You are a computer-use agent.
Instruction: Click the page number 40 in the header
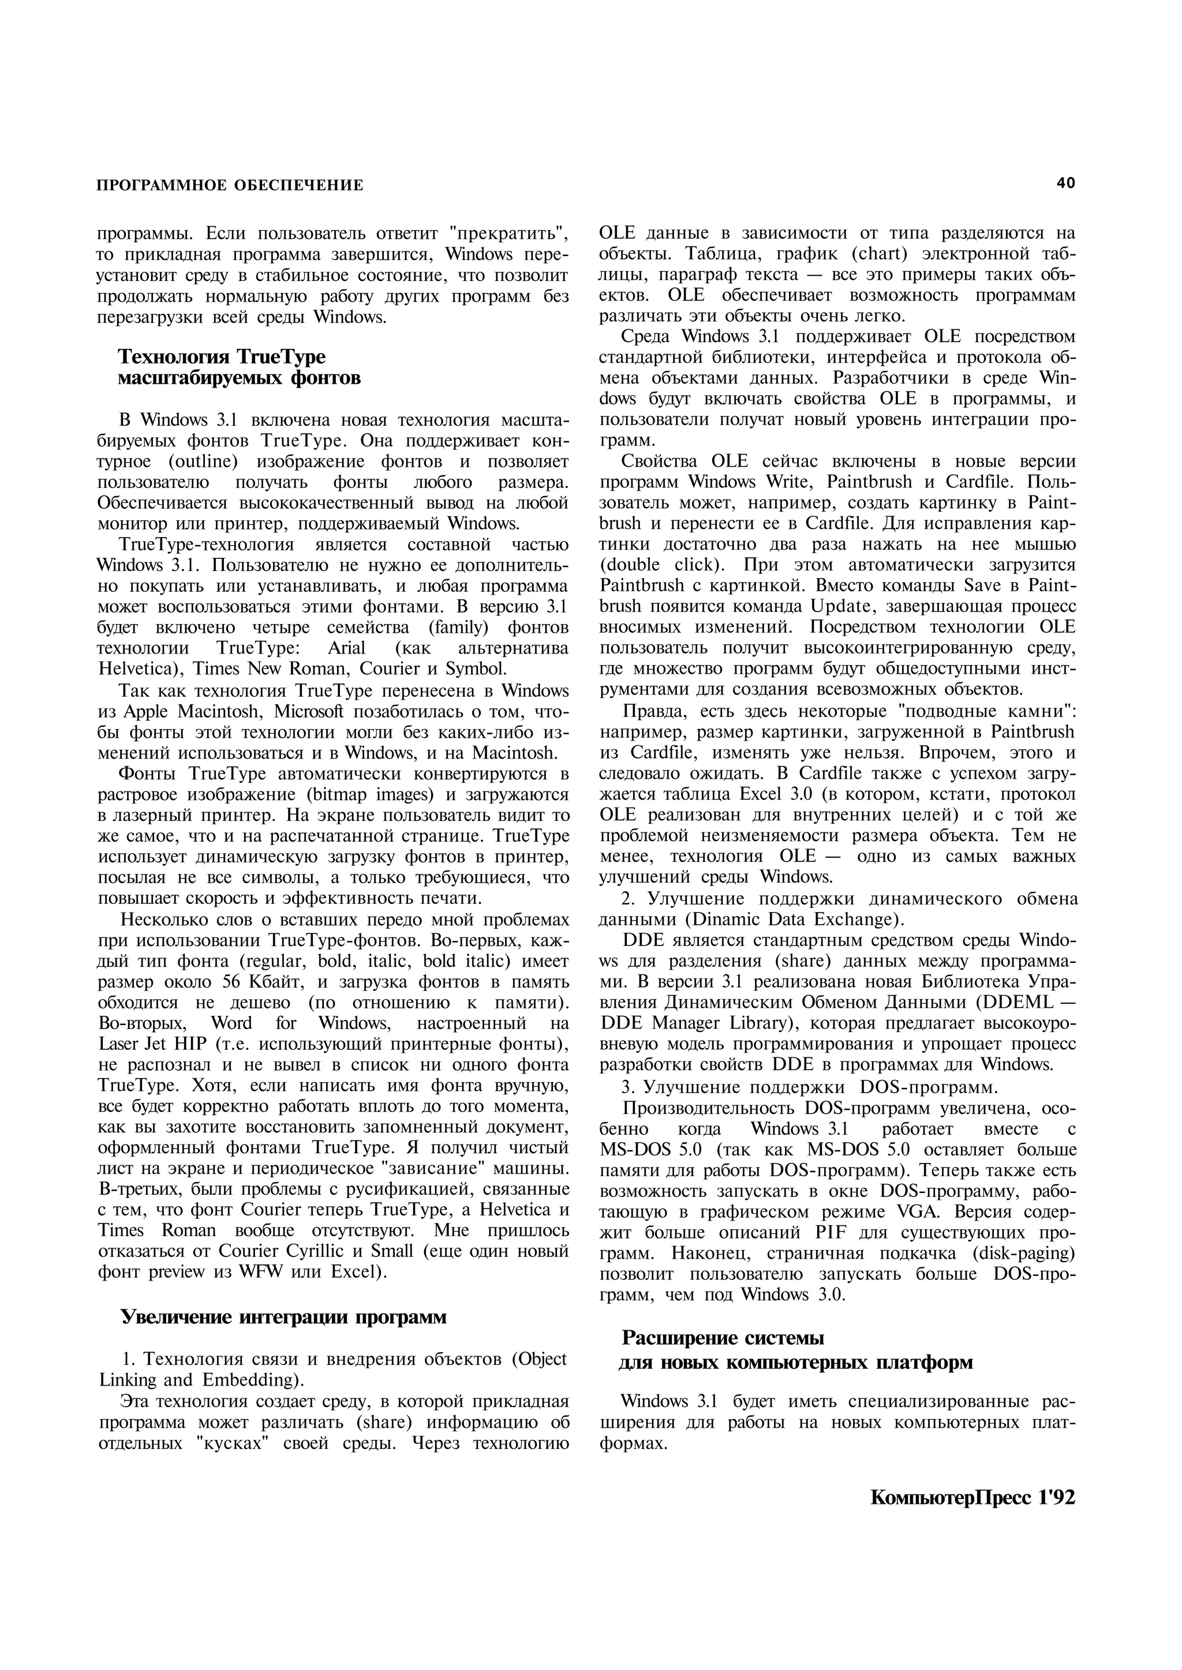pyautogui.click(x=1065, y=183)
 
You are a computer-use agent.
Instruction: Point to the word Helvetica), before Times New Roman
pyautogui.click(x=134, y=669)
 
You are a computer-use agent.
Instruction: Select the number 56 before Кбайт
pyautogui.click(x=231, y=982)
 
